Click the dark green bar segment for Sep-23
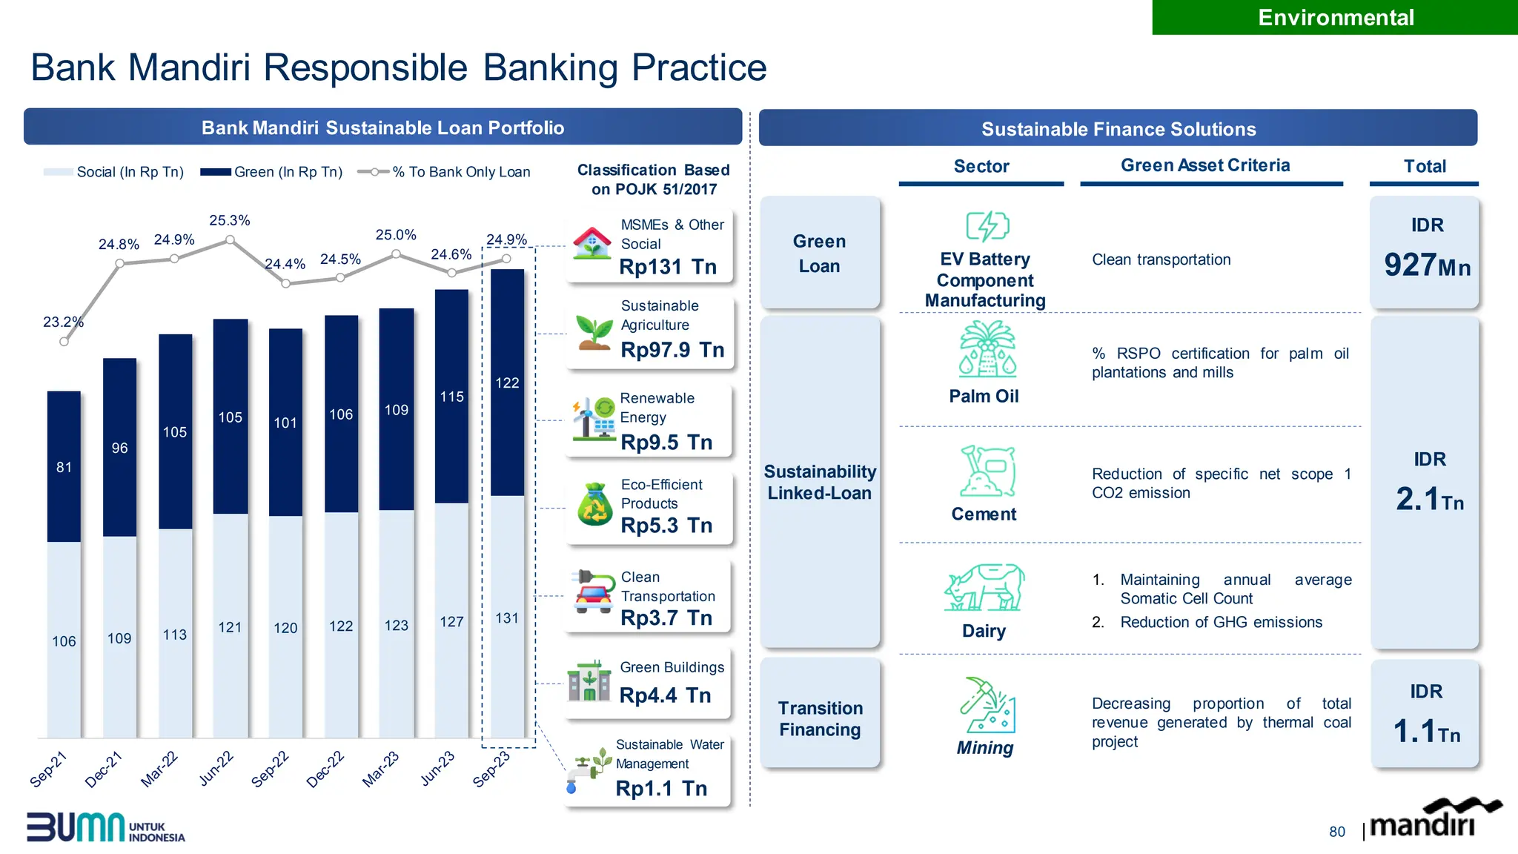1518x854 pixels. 507,382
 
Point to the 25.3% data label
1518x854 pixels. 230,220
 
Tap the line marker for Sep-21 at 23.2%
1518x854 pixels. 64,342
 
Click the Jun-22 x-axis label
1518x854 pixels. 216,768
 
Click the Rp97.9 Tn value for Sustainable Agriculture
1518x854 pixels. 672,349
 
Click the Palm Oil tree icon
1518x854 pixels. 987,349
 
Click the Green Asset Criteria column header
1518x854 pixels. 1205,165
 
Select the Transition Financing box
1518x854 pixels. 820,718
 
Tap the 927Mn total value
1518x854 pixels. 1426,265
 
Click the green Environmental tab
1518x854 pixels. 1335,17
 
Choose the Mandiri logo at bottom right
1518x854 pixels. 1434,820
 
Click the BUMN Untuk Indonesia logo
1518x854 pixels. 105,828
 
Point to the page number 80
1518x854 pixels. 1336,832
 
